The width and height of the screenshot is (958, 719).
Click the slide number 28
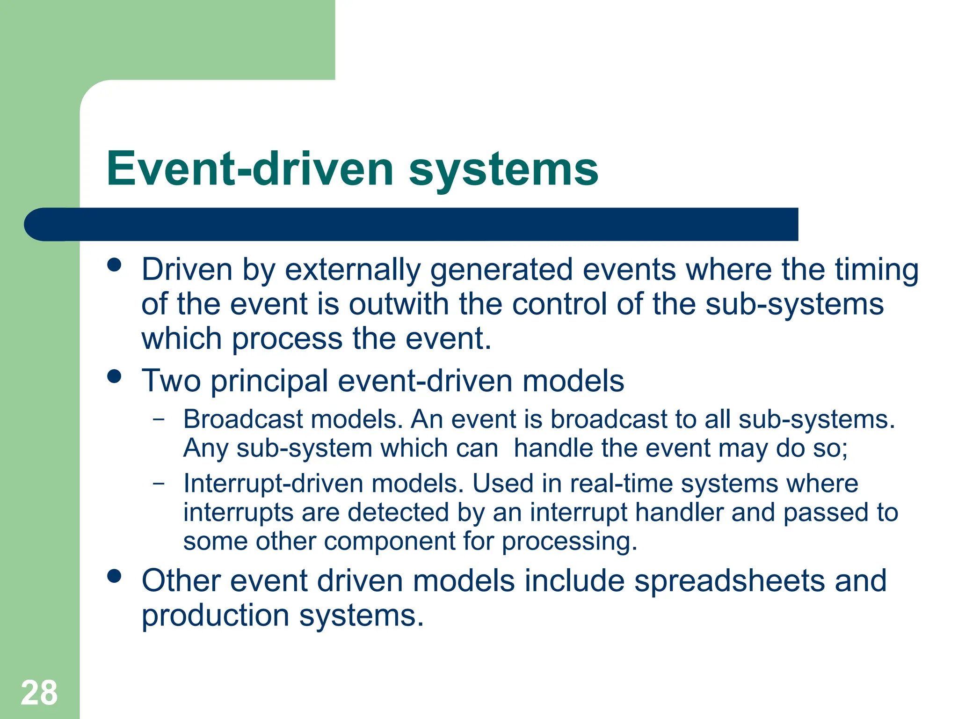coord(39,693)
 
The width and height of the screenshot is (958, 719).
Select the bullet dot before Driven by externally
coord(114,265)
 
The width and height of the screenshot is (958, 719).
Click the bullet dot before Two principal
coord(114,376)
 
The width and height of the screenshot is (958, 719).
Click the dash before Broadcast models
coord(159,419)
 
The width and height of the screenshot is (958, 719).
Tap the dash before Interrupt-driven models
coord(159,483)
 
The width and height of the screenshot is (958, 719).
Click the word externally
coord(353,271)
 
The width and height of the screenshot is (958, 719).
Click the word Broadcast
coord(243,419)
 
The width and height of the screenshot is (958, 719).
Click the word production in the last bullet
coord(215,616)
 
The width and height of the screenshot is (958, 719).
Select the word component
coord(390,542)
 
